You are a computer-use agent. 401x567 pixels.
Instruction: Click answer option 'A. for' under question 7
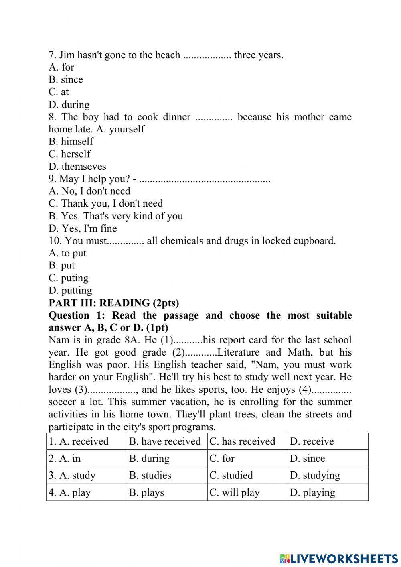click(61, 67)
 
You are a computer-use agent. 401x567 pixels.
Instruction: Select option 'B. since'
click(66, 79)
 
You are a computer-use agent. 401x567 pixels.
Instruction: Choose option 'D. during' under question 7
click(69, 104)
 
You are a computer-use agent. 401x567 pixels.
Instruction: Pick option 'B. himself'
click(71, 141)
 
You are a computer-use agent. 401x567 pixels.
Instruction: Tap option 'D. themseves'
click(77, 166)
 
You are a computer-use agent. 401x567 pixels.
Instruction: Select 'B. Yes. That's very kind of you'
click(115, 216)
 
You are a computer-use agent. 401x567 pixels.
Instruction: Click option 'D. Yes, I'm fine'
click(83, 228)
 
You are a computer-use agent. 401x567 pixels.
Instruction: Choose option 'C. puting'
click(69, 278)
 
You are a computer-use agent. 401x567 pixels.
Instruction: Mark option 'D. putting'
click(70, 290)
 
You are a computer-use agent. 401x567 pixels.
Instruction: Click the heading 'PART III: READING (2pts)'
click(113, 303)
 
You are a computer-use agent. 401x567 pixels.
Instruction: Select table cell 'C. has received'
click(242, 441)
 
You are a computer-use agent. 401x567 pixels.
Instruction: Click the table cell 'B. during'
click(149, 458)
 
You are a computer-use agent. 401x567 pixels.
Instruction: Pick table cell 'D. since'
click(308, 458)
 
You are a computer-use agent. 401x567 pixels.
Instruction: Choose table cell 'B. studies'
click(150, 475)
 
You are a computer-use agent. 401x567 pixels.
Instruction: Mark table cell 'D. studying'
click(315, 475)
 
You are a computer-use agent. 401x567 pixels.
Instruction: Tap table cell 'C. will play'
click(235, 492)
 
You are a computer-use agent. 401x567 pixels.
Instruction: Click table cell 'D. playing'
click(312, 492)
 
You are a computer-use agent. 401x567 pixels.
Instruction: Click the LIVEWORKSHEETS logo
click(339, 558)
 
